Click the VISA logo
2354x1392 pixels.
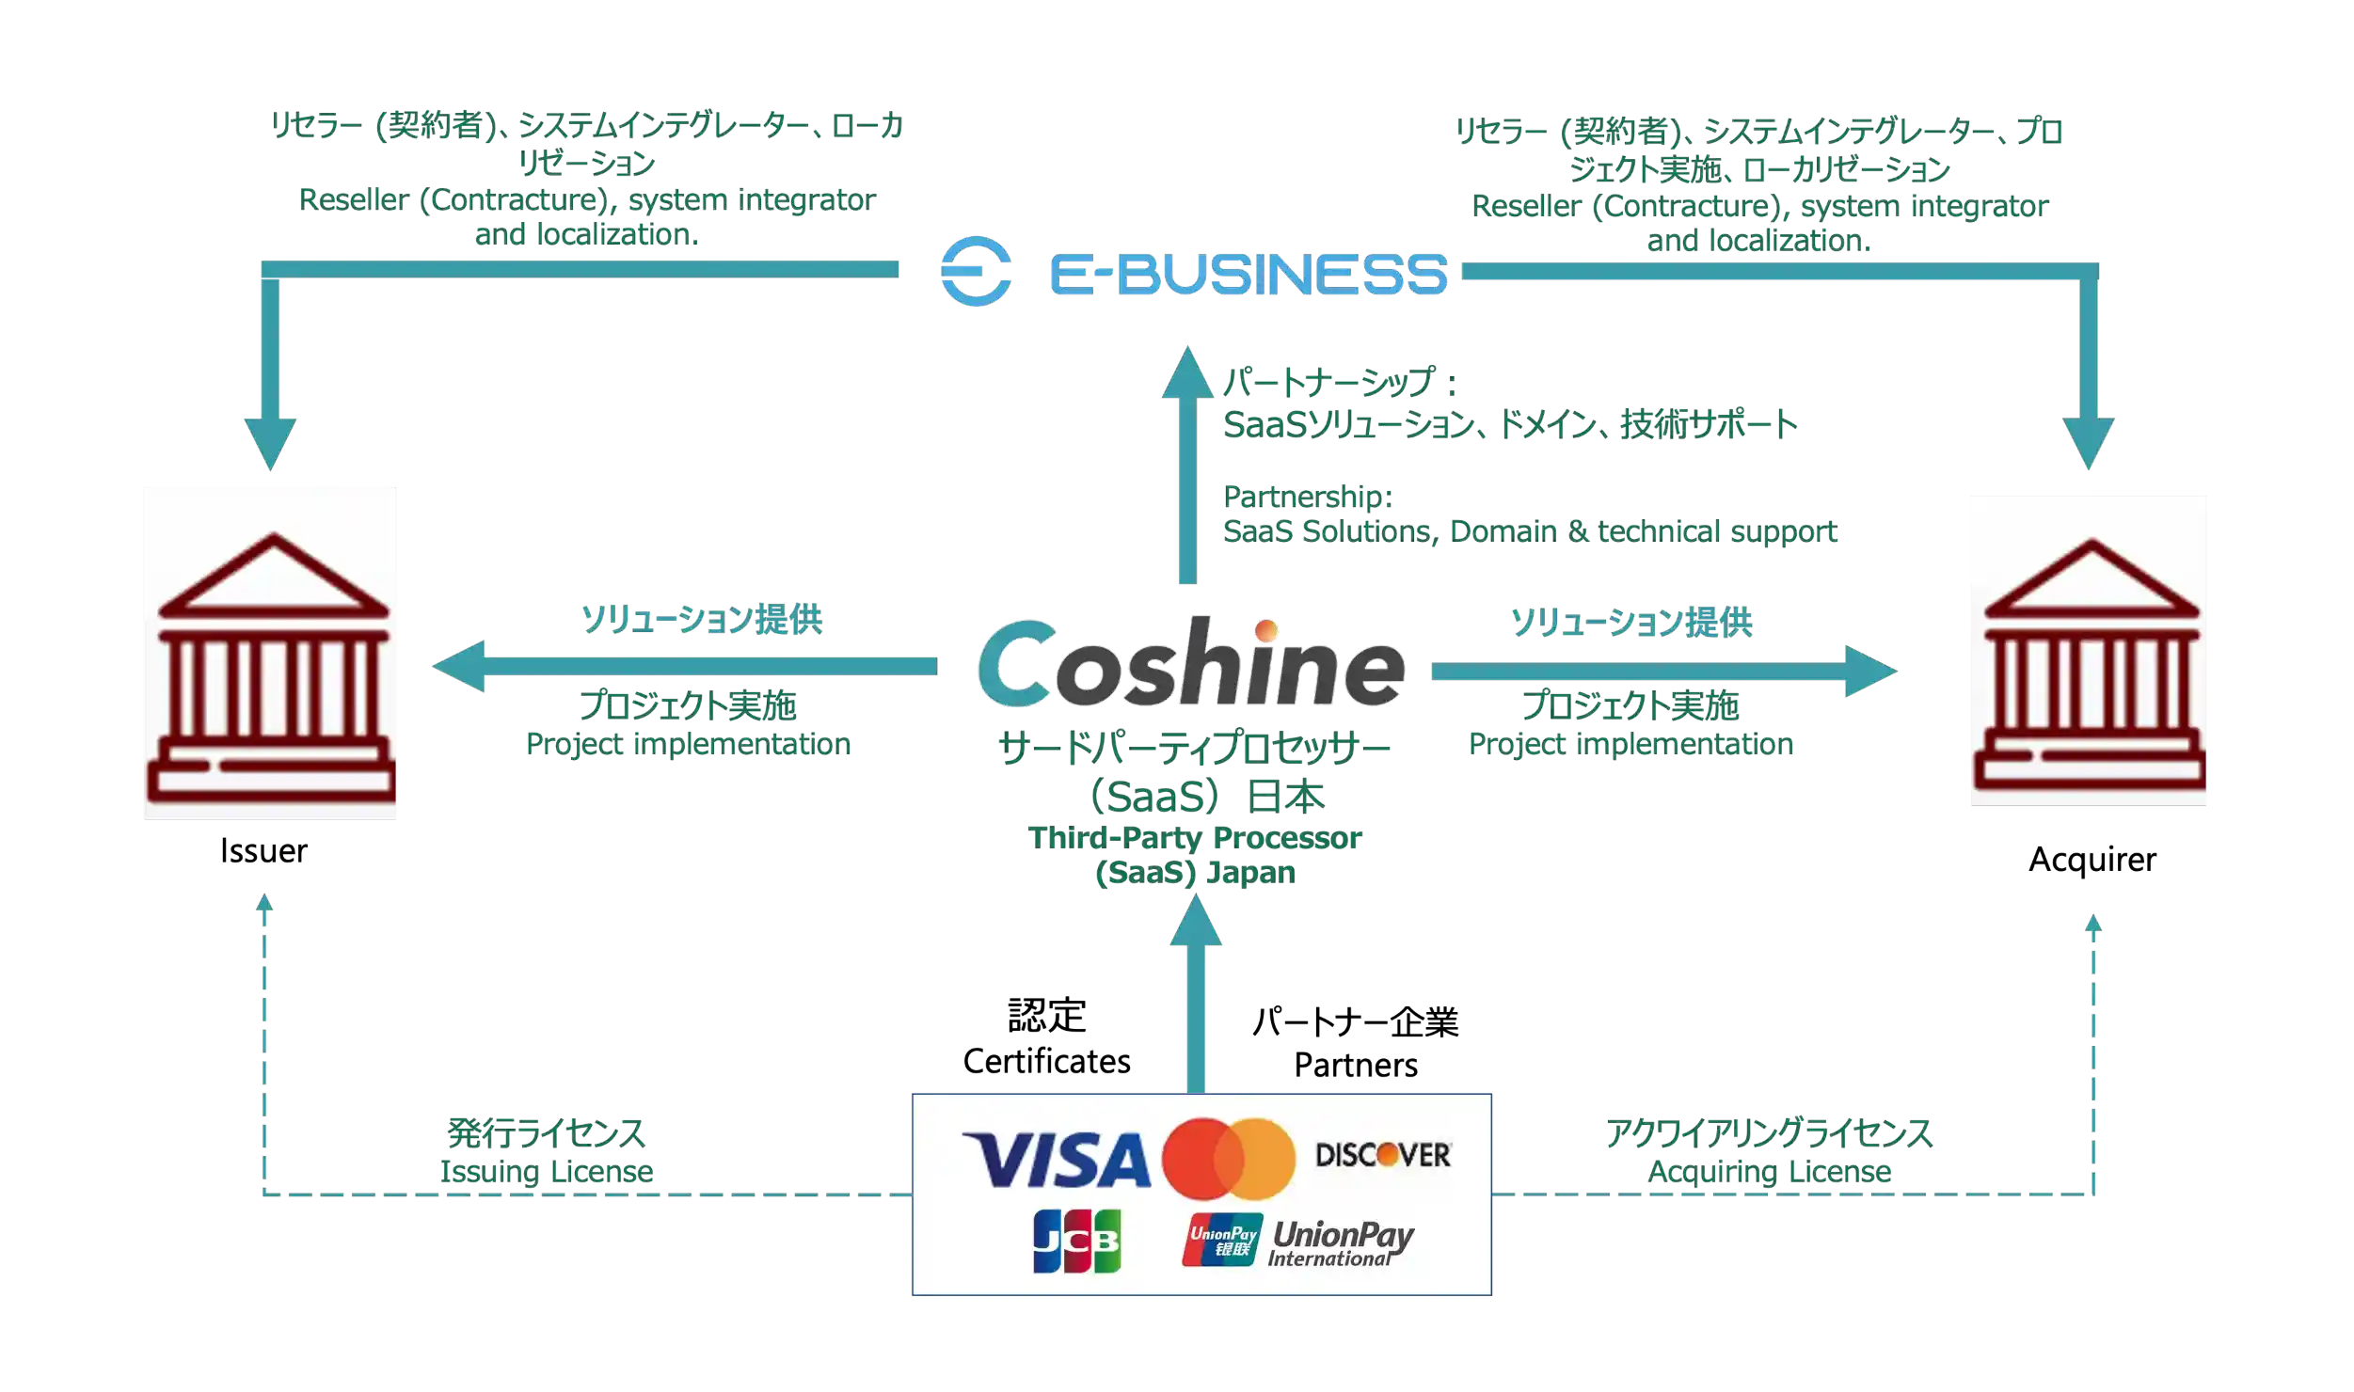coord(1056,1160)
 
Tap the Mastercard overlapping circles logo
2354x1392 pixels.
coord(1228,1158)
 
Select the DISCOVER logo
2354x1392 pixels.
coord(1383,1155)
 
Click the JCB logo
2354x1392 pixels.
coord(1076,1241)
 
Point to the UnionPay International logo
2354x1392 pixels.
coord(1298,1242)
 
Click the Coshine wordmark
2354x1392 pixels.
coord(1191,664)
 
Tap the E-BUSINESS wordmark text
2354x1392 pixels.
coord(1248,274)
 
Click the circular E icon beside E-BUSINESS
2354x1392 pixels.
coord(977,271)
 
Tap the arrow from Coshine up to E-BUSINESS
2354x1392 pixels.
coord(1187,466)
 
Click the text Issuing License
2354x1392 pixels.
coord(547,1172)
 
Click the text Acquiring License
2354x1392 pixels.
coord(1770,1172)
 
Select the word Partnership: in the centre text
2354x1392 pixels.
coord(1306,496)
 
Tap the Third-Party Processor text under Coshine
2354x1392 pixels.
coord(1194,837)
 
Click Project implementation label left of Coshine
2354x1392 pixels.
coord(688,744)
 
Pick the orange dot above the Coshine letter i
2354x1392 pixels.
coord(1266,629)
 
